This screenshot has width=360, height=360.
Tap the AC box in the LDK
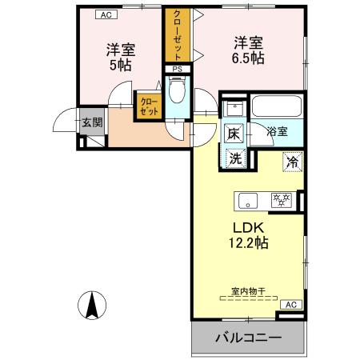[x=291, y=305]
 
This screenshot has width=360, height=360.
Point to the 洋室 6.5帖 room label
[x=249, y=49]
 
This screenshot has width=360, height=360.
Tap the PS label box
[x=176, y=70]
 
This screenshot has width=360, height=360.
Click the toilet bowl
[x=177, y=93]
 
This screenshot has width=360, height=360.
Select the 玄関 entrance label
[x=90, y=123]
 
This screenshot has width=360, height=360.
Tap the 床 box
[x=234, y=133]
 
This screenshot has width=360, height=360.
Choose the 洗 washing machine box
[x=234, y=158]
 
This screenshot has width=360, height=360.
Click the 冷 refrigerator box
[x=293, y=161]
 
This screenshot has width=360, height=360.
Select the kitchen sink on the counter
[x=245, y=199]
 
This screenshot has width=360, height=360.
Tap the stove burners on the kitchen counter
[x=281, y=199]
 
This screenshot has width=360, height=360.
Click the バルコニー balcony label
[x=247, y=339]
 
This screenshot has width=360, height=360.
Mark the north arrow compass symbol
[x=92, y=305]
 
